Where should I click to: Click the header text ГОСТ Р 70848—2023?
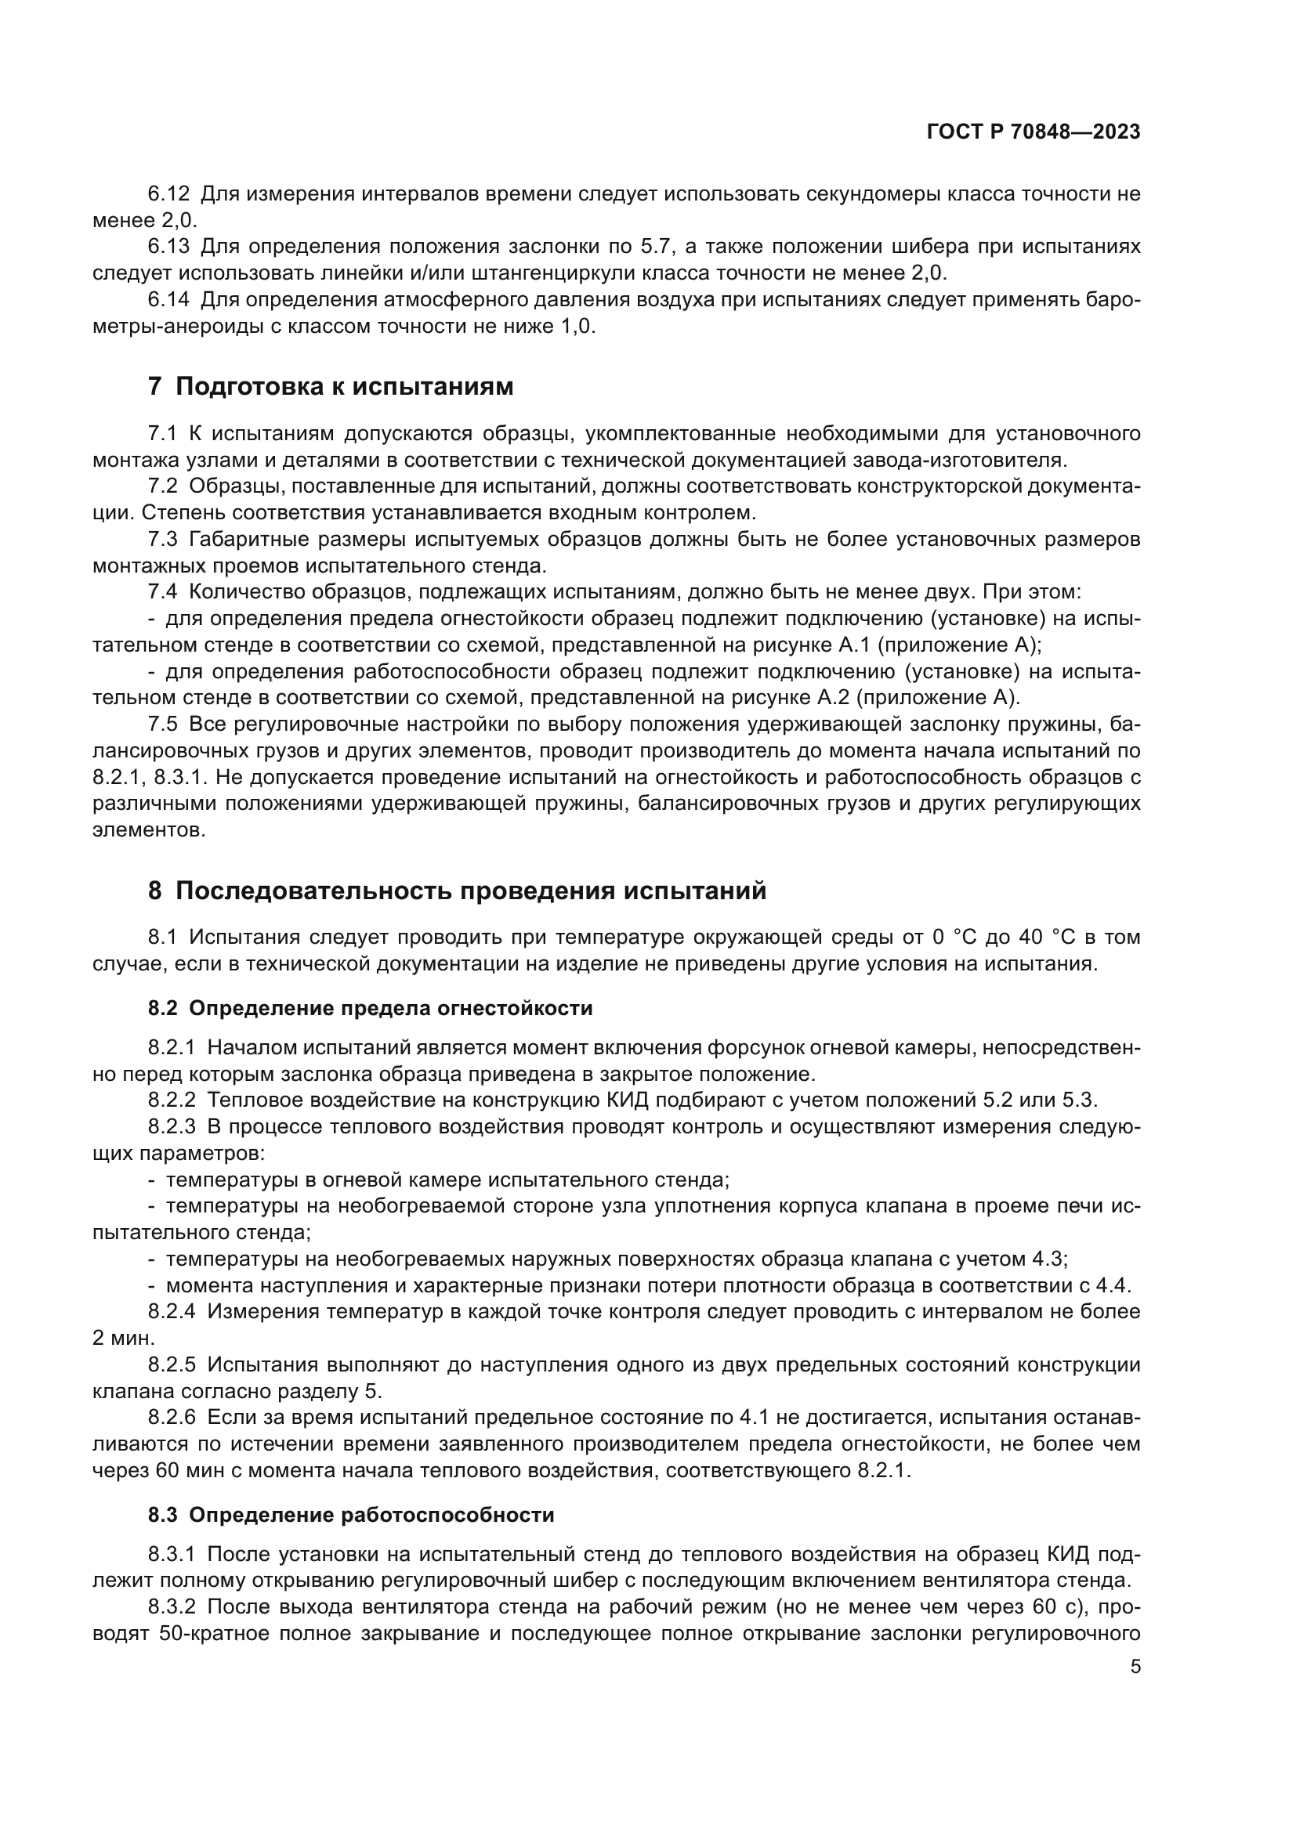[1034, 132]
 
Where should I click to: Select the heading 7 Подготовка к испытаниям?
[331, 387]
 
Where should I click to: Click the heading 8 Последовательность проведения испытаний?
[457, 891]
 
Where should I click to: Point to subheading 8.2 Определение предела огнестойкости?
[371, 1009]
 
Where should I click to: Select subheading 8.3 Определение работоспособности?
[351, 1515]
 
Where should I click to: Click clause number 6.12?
[169, 194]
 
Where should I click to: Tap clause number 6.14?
[169, 300]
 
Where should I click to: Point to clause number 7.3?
[163, 540]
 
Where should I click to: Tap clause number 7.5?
[163, 724]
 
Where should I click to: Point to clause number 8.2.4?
[172, 1312]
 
